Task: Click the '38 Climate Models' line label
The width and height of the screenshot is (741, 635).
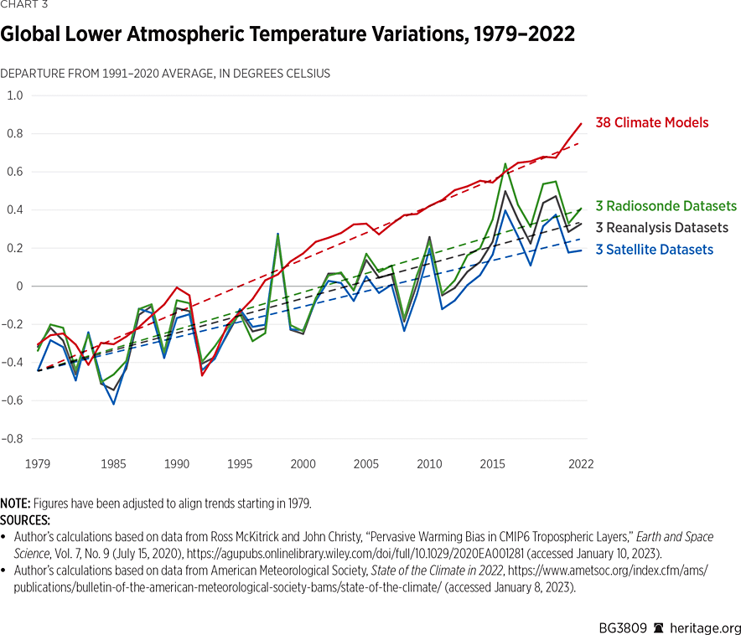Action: point(651,123)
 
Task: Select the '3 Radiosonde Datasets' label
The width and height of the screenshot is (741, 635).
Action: point(666,206)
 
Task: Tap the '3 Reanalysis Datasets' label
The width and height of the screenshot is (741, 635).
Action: point(661,228)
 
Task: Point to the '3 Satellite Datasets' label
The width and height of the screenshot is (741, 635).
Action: point(654,250)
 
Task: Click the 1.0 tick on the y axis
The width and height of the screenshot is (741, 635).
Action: point(15,96)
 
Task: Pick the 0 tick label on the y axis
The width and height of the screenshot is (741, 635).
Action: point(20,287)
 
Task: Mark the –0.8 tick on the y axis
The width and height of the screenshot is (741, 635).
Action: point(13,439)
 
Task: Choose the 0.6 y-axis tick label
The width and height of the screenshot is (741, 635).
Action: point(15,172)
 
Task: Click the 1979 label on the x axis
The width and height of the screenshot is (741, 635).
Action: point(38,464)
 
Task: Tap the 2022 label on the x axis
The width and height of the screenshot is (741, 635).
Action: point(581,464)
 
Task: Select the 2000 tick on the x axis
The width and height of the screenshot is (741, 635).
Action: point(303,464)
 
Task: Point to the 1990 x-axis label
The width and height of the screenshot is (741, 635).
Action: point(176,464)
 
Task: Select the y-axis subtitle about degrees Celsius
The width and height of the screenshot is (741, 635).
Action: point(165,74)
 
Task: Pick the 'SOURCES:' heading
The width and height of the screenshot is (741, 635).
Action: point(25,519)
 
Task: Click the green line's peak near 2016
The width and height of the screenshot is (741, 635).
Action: point(505,164)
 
